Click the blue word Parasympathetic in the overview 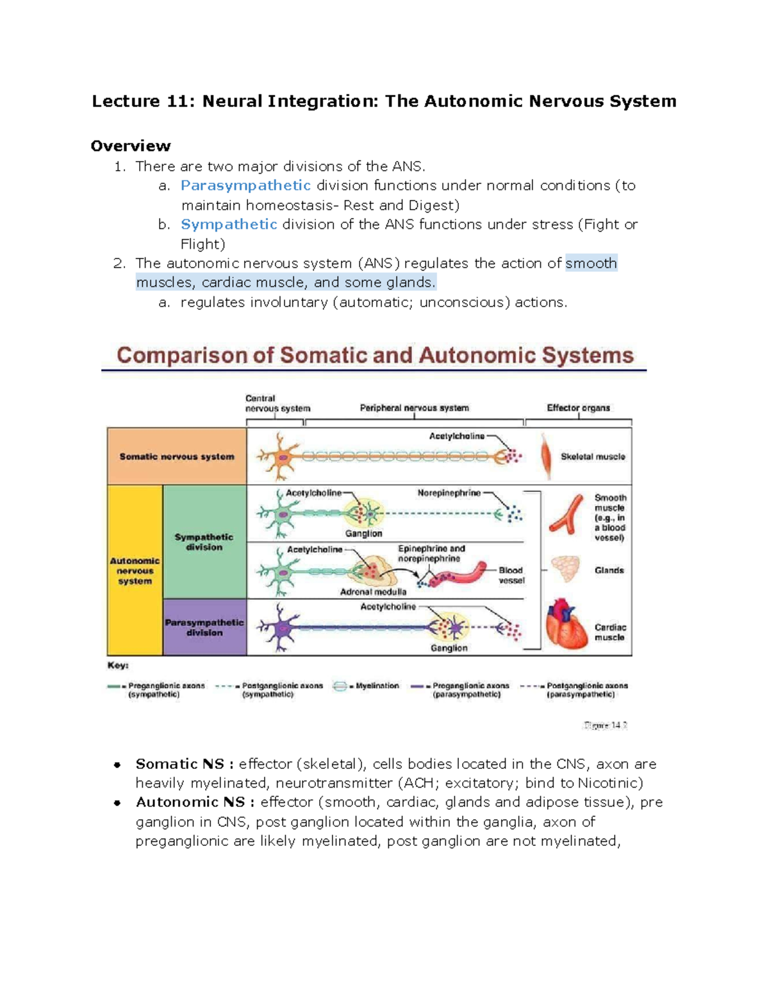tap(245, 186)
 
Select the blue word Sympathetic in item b tap(229, 224)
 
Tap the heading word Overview tap(131, 146)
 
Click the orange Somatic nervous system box tap(177, 457)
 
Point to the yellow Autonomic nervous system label tap(135, 571)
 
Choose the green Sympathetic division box tap(204, 542)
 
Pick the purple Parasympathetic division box tap(204, 627)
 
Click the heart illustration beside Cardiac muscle tap(566, 625)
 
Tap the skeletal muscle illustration tap(546, 455)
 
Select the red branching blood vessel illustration tap(566, 515)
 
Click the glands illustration tap(565, 569)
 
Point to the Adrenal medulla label tap(373, 592)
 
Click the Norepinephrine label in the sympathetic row tap(449, 493)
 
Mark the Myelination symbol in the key tap(340, 686)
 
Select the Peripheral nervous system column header tap(414, 408)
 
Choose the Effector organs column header tap(578, 408)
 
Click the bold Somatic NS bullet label tap(179, 764)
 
